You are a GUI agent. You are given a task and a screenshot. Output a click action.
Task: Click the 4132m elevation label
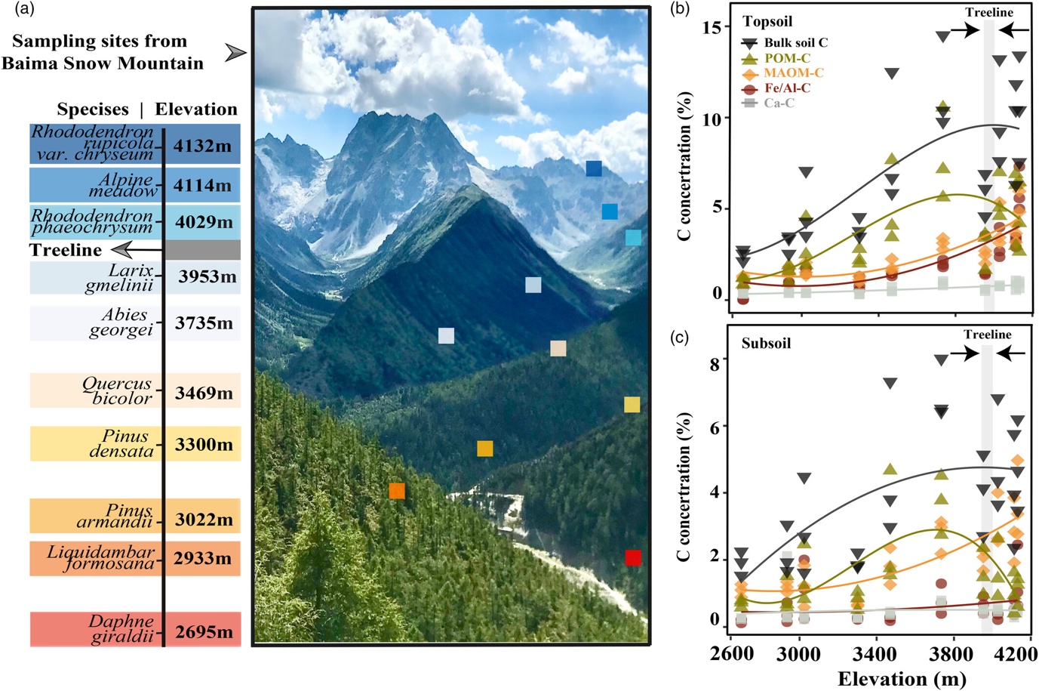pyautogui.click(x=202, y=146)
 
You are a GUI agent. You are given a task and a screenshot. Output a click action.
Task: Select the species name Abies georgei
pyautogui.click(x=121, y=322)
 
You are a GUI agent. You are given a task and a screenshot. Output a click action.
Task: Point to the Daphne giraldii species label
pyautogui.click(x=121, y=628)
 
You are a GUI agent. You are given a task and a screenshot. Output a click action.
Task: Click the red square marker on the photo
pyautogui.click(x=633, y=557)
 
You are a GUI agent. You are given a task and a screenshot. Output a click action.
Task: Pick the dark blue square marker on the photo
pyautogui.click(x=594, y=168)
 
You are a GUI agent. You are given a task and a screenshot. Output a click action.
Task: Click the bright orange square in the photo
pyautogui.click(x=397, y=492)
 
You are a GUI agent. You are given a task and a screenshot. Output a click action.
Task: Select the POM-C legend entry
pyautogui.click(x=787, y=58)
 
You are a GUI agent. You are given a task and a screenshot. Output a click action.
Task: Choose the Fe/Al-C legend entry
pyautogui.click(x=787, y=88)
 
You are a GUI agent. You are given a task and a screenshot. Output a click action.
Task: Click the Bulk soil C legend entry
pyautogui.click(x=795, y=43)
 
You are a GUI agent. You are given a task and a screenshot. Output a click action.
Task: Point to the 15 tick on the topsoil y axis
pyautogui.click(x=712, y=27)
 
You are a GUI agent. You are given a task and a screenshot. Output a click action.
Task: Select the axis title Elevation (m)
pyautogui.click(x=902, y=679)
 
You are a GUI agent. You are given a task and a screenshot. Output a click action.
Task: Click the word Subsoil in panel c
pyautogui.click(x=766, y=344)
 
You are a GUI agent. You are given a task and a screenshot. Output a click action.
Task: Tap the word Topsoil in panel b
pyautogui.click(x=767, y=22)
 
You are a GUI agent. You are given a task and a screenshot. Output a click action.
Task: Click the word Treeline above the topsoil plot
pyautogui.click(x=989, y=12)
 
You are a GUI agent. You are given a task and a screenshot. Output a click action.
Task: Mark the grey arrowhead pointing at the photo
pyautogui.click(x=236, y=52)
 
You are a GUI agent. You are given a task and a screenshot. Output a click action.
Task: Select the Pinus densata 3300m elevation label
pyautogui.click(x=204, y=444)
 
